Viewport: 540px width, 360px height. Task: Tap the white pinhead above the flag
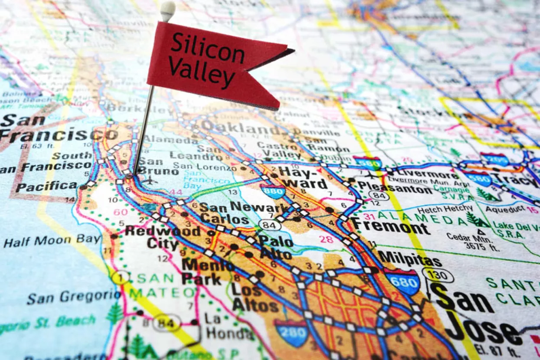click(x=167, y=9)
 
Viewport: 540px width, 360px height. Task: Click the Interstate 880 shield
click(x=273, y=191)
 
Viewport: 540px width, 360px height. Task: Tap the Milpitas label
click(x=410, y=259)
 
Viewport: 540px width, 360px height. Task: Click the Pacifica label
click(x=46, y=187)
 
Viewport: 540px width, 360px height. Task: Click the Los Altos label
click(x=255, y=298)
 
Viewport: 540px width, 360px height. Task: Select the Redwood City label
click(x=163, y=237)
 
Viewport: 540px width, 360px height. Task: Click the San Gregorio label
click(x=73, y=297)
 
